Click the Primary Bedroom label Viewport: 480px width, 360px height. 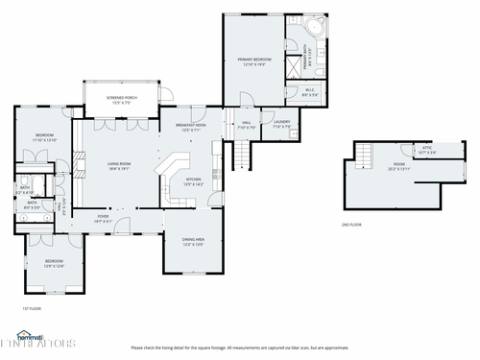coord(253,61)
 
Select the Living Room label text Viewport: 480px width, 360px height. coord(118,166)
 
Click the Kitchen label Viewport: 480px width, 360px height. coord(193,180)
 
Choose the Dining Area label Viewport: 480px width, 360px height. coord(193,240)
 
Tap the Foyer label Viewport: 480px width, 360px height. coord(104,218)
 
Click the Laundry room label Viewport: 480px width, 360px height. coord(282,123)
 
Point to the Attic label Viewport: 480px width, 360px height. coord(427,149)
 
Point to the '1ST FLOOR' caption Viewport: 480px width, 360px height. coord(32,308)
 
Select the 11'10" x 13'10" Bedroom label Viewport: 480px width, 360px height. coord(44,137)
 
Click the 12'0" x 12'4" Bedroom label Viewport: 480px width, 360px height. coord(53,263)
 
